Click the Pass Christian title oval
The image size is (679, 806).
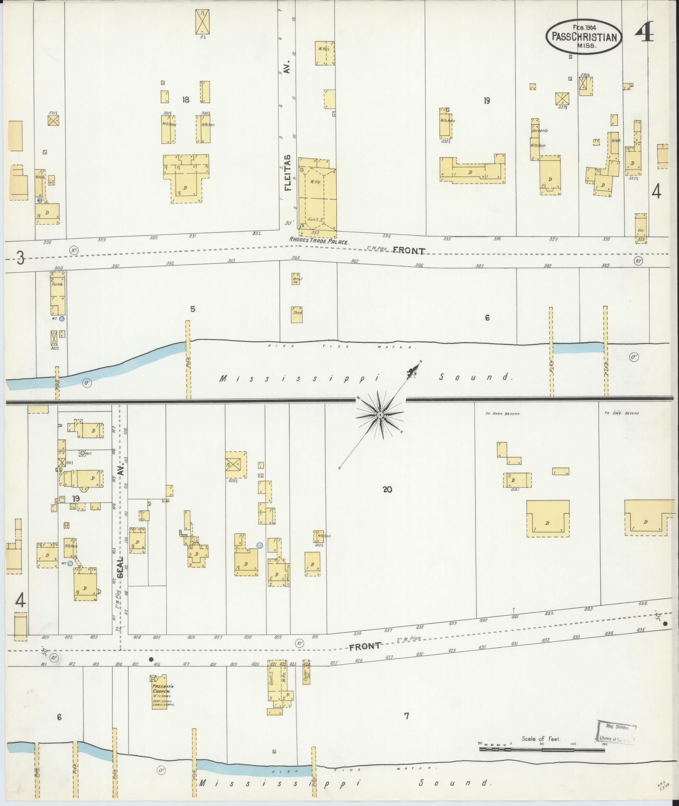click(x=584, y=37)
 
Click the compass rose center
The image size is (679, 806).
click(x=380, y=415)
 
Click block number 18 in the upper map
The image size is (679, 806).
click(x=186, y=100)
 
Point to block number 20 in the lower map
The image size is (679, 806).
click(x=387, y=490)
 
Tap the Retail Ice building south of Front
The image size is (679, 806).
click(x=296, y=279)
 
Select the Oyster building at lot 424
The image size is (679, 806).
click(x=306, y=679)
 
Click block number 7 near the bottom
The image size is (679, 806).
click(x=406, y=715)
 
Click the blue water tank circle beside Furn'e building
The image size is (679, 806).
click(x=62, y=319)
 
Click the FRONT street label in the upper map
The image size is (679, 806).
click(x=408, y=251)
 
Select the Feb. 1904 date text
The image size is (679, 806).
click(x=584, y=27)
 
